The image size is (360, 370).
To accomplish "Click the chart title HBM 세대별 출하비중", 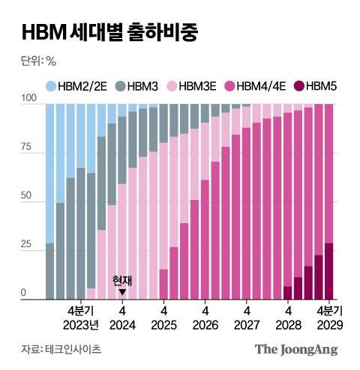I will pos(110,32).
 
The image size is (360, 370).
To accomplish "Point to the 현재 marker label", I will pos(122,280).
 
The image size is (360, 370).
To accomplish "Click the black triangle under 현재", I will pos(122,292).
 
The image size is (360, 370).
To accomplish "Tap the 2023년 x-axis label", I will pos(81,325).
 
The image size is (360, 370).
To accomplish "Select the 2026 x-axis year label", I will pos(205,325).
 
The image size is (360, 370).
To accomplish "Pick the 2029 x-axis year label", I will pos(328,325).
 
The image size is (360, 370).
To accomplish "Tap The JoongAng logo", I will pos(295,349).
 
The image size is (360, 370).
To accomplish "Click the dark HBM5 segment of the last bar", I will pos(328,271).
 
